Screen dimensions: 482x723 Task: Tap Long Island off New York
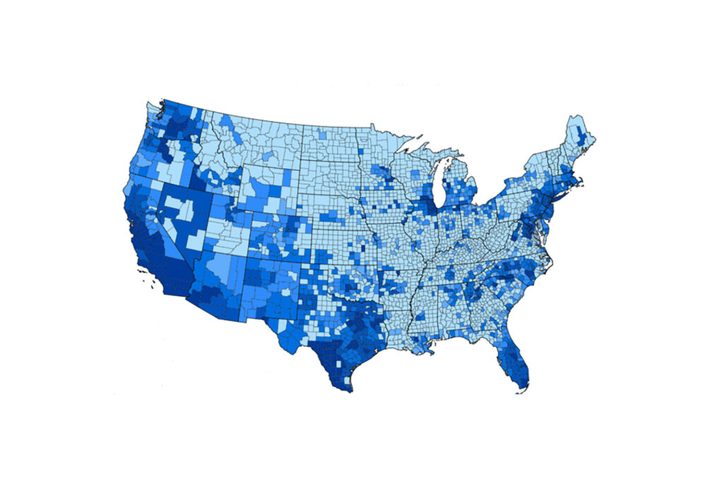[565, 200]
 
